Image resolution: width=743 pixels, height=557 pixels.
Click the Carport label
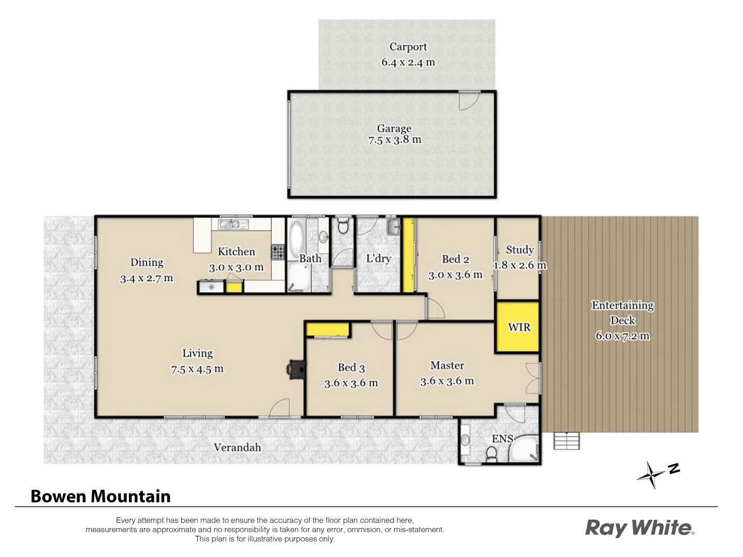pyautogui.click(x=408, y=47)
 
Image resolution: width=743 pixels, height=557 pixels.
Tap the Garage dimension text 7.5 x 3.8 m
pyautogui.click(x=394, y=140)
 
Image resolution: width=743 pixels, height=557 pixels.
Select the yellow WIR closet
pyautogui.click(x=518, y=327)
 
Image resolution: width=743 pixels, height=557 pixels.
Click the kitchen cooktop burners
pyautogui.click(x=278, y=252)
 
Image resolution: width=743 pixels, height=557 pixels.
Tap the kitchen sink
pyautogui.click(x=233, y=224)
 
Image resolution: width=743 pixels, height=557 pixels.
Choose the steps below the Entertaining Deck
pyautogui.click(x=567, y=441)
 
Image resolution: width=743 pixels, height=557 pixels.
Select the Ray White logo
pyautogui.click(x=639, y=528)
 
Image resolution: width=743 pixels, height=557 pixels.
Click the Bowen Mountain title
pyautogui.click(x=101, y=496)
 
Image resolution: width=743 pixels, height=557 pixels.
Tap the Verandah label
pyautogui.click(x=237, y=447)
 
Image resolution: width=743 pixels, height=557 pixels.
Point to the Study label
pyautogui.click(x=520, y=250)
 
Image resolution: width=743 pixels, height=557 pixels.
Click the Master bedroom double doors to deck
pyautogui.click(x=532, y=379)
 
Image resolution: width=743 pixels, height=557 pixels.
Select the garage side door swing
pyautogui.click(x=469, y=101)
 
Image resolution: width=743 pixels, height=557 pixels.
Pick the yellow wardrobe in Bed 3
pyautogui.click(x=327, y=330)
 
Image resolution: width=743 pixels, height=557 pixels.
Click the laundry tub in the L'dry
pyautogui.click(x=393, y=225)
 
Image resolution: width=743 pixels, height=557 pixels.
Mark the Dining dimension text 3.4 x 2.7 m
pyautogui.click(x=147, y=278)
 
